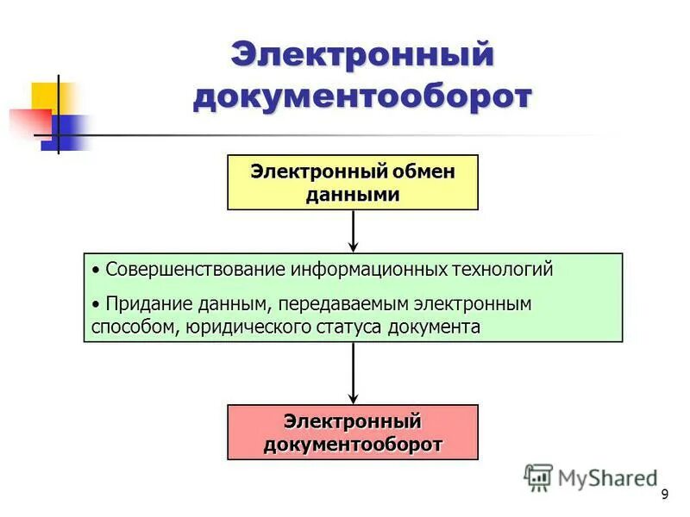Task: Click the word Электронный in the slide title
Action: (x=362, y=55)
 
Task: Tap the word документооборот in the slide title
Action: (x=362, y=97)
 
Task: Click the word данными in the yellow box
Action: (x=352, y=194)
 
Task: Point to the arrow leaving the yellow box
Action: (x=353, y=231)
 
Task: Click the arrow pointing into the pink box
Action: (x=353, y=373)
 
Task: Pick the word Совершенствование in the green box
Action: (x=195, y=269)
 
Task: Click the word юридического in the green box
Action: (x=256, y=327)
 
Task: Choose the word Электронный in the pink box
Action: (x=352, y=421)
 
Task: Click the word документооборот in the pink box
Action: (x=352, y=444)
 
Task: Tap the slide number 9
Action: (x=664, y=494)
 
